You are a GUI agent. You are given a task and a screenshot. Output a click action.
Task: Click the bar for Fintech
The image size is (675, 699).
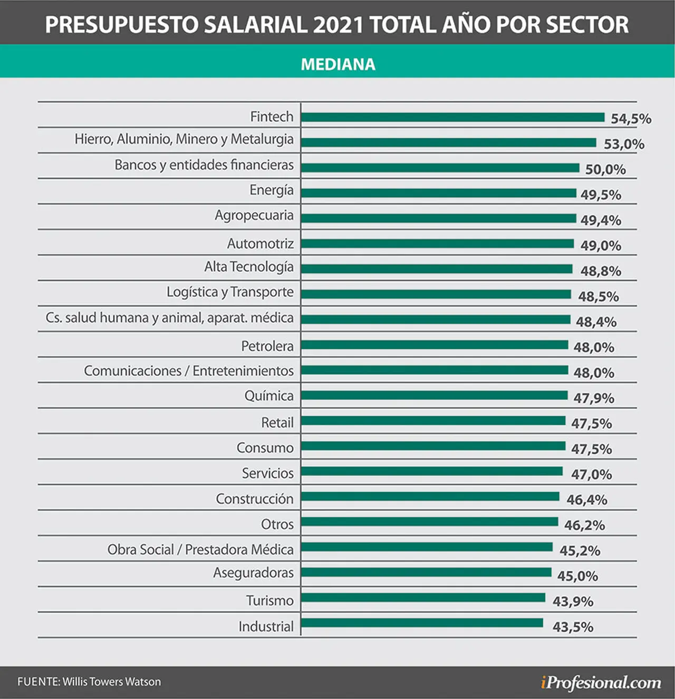(453, 117)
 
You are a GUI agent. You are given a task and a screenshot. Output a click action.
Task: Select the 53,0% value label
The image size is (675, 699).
(624, 144)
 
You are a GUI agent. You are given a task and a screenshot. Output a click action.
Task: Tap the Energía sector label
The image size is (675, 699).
(272, 190)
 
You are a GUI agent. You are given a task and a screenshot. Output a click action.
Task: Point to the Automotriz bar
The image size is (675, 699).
(438, 244)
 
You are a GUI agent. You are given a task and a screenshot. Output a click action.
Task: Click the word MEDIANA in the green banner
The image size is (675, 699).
(338, 64)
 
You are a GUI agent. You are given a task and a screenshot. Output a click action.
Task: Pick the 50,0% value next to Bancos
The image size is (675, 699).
(605, 169)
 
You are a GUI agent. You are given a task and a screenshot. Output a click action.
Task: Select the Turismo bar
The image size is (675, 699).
(423, 597)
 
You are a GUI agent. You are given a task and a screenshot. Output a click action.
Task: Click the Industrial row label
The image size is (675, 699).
(266, 626)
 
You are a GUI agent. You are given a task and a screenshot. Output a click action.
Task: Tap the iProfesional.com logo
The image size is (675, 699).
(601, 682)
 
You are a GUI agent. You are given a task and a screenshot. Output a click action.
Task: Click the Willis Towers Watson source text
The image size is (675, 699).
(112, 682)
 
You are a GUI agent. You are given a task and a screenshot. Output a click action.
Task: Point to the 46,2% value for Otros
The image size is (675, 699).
(584, 525)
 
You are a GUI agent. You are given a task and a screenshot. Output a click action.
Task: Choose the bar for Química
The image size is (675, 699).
(435, 396)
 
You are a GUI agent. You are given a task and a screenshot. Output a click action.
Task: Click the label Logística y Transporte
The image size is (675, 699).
(230, 292)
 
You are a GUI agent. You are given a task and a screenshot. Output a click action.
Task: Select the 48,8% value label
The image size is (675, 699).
(601, 271)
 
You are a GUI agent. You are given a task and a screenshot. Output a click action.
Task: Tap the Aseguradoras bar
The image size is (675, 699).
(426, 572)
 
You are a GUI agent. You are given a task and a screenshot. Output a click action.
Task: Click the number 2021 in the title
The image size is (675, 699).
(338, 24)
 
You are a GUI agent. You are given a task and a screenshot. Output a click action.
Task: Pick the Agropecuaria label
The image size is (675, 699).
(254, 216)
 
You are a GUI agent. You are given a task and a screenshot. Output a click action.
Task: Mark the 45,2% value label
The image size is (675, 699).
(580, 551)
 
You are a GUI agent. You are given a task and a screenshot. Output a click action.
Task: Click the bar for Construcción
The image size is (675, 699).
(430, 496)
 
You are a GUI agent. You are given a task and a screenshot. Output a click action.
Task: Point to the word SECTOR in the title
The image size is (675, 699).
(587, 24)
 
